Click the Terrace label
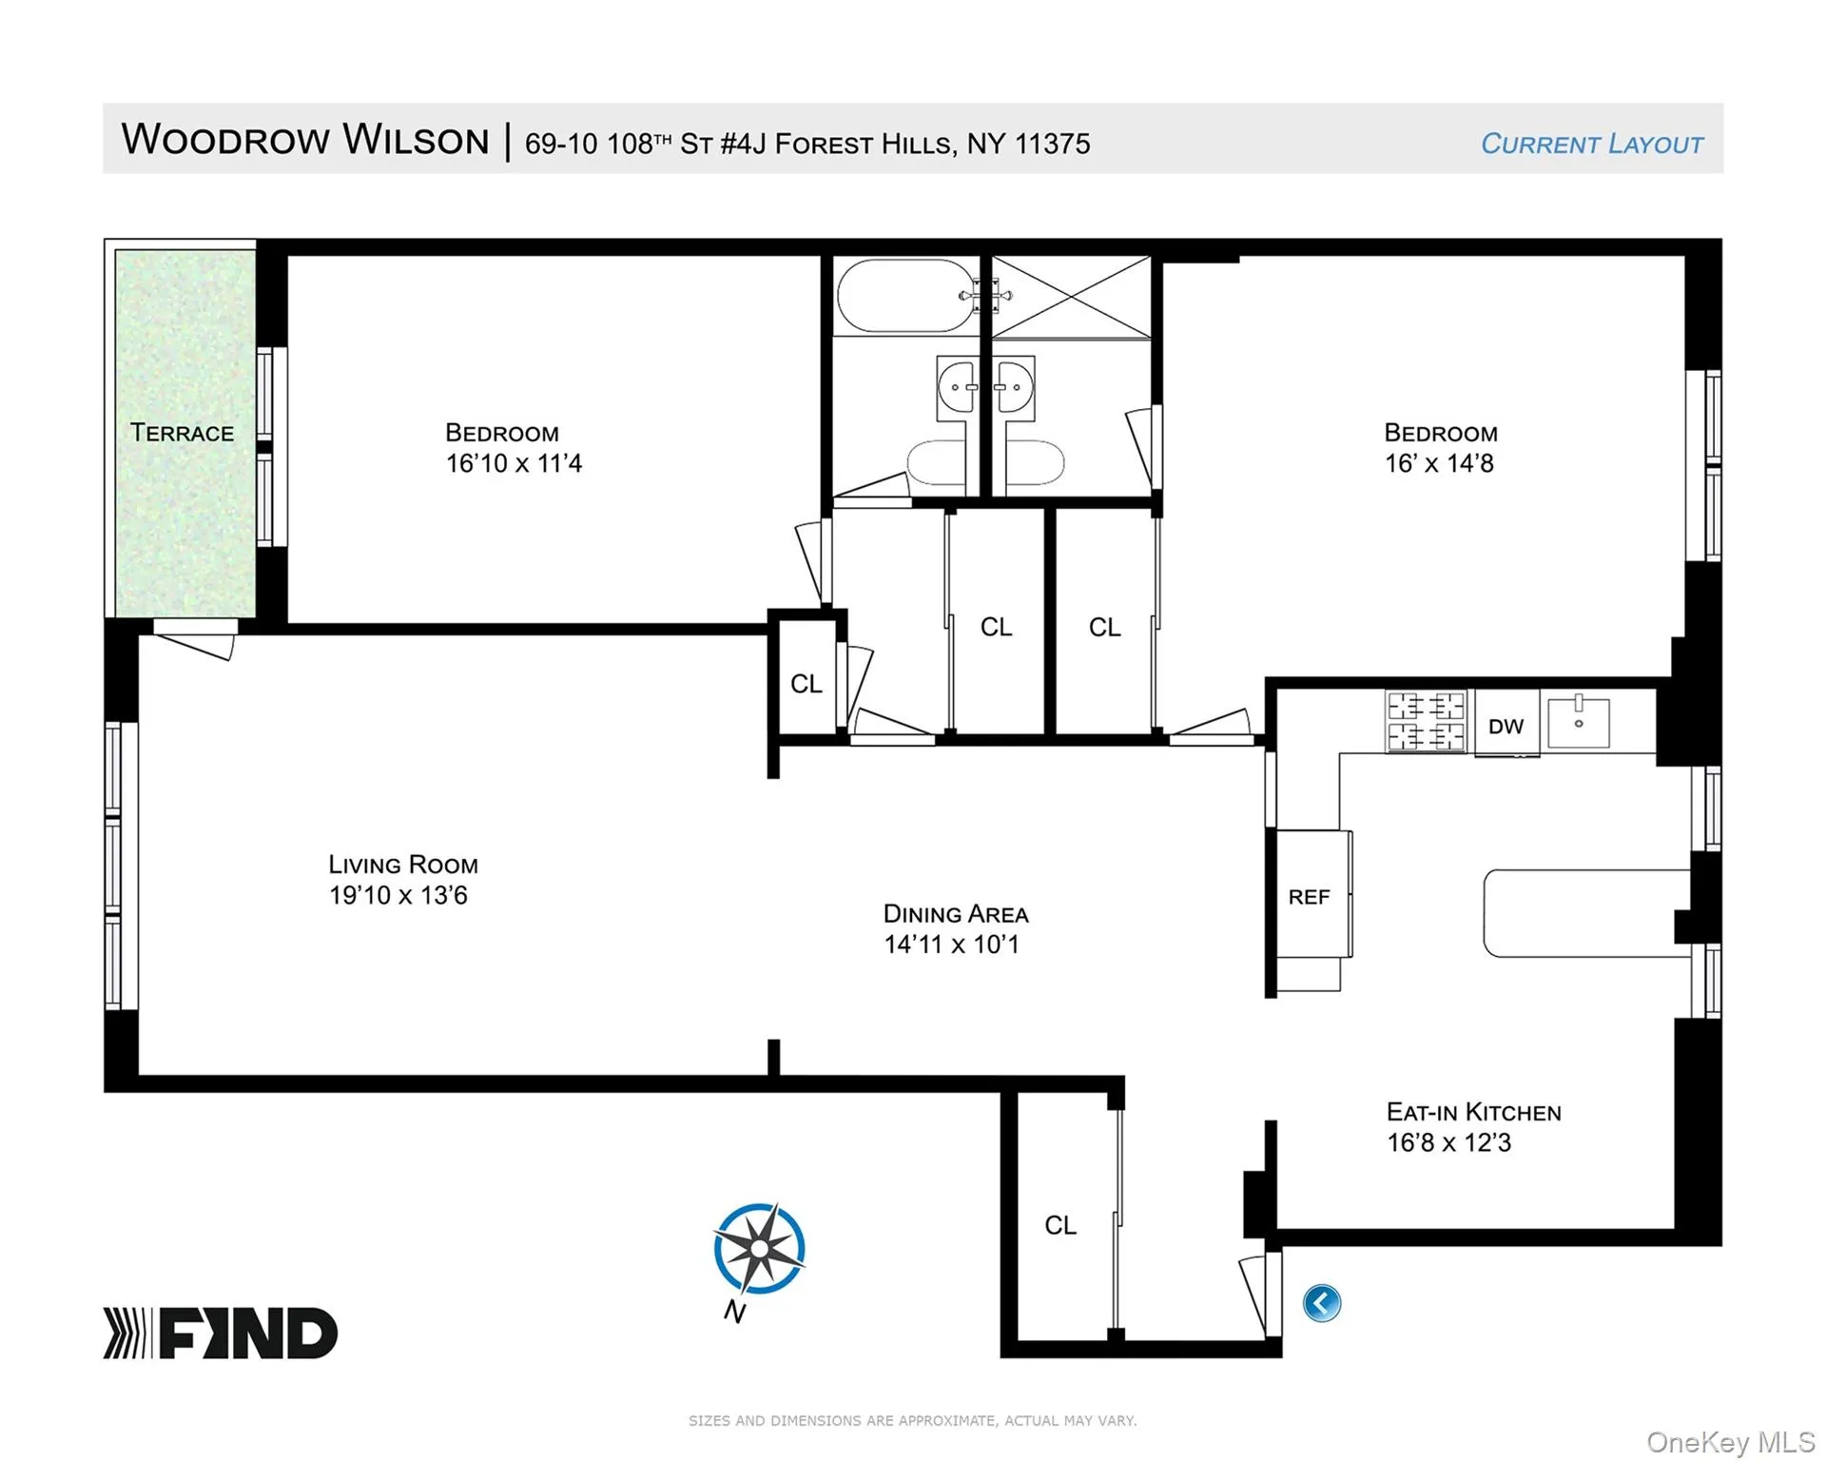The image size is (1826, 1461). point(182,433)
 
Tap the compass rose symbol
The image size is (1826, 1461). point(759,1249)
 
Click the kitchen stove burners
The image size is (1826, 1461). point(1426,721)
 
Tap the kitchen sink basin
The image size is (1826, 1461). point(1579,722)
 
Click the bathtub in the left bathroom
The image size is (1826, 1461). point(905,296)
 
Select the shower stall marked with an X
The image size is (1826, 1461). point(1072,297)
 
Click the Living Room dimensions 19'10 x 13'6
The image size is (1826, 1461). point(398,895)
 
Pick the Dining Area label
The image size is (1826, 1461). point(956,914)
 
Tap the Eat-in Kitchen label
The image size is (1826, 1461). point(1474,1112)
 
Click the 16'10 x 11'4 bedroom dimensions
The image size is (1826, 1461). point(514,463)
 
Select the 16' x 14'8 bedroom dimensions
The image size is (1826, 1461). point(1439,463)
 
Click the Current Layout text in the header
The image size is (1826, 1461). point(1592,144)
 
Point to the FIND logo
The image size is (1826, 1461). point(221,1333)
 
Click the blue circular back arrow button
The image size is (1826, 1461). point(1322,1303)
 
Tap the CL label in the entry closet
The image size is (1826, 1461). point(1060,1225)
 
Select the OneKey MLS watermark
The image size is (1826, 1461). point(1731,1442)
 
